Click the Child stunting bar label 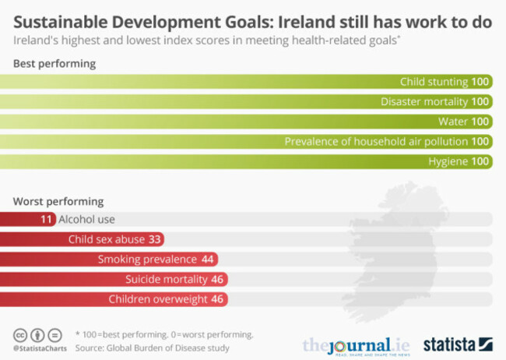click(x=434, y=82)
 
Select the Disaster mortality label click(x=424, y=101)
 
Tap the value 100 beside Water click(x=481, y=122)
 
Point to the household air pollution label click(x=376, y=142)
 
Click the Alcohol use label click(x=86, y=220)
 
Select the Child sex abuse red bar click(x=82, y=239)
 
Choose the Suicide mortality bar click(x=114, y=279)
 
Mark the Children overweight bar click(x=114, y=299)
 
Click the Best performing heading click(x=54, y=64)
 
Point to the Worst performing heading click(x=58, y=201)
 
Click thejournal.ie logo click(x=355, y=344)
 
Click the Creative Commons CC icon click(x=20, y=334)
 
